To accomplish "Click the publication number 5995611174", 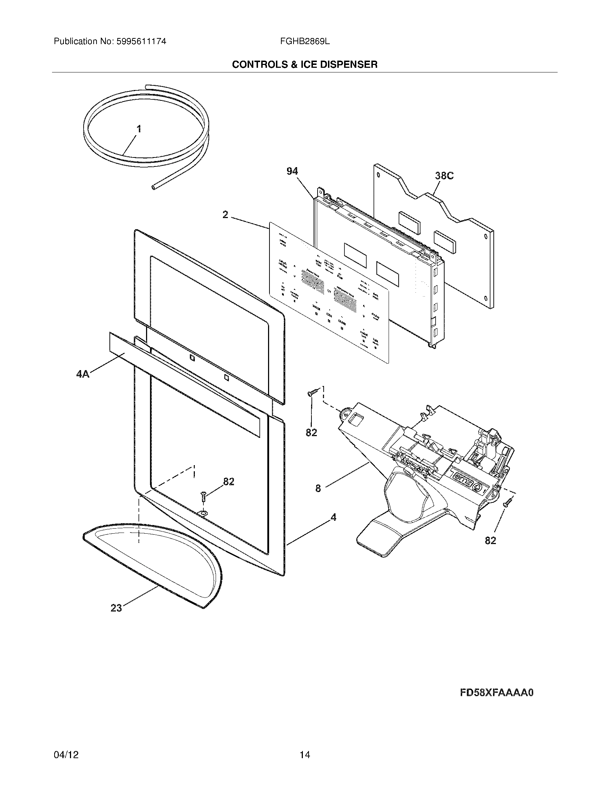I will coord(141,42).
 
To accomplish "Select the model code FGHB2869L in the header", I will coord(305,42).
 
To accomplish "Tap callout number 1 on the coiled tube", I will coord(139,129).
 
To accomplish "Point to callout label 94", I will coord(292,171).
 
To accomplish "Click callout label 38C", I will coord(444,176).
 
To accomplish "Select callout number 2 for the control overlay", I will coord(225,215).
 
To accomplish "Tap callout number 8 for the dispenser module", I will coord(318,488).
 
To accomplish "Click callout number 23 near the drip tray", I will coord(116,608).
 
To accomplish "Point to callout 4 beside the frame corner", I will coord(333,518).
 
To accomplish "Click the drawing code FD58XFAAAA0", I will coord(497,693).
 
